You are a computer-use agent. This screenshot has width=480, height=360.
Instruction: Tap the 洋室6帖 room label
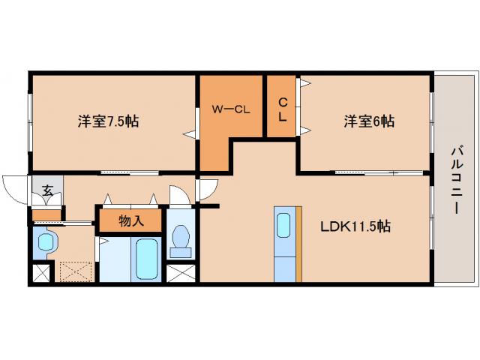tap(370, 121)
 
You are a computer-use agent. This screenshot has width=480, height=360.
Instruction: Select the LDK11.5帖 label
tap(355, 225)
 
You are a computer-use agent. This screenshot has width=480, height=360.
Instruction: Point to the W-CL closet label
tap(230, 109)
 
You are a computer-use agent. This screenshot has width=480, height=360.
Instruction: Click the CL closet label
tap(283, 109)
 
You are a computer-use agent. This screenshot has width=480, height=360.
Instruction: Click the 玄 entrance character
tap(47, 190)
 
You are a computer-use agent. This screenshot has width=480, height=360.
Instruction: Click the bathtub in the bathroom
tap(145, 259)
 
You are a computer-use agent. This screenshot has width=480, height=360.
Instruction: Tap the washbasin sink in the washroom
tap(46, 243)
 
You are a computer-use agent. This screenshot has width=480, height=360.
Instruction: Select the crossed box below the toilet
tap(180, 274)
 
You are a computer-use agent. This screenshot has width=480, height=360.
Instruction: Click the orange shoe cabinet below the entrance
tap(46, 216)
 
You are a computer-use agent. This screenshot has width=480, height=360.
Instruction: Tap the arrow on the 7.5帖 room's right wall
tap(190, 135)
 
